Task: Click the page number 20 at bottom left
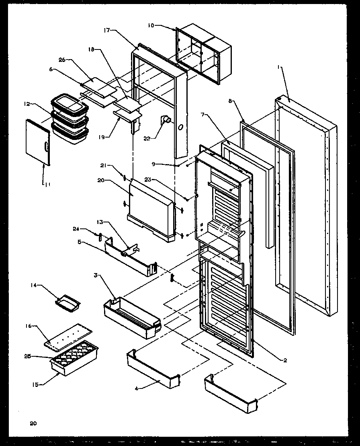coord(33,423)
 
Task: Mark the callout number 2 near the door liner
coord(285,360)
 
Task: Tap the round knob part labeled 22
coord(167,120)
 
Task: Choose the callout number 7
coord(204,115)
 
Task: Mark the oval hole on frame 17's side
coord(180,127)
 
